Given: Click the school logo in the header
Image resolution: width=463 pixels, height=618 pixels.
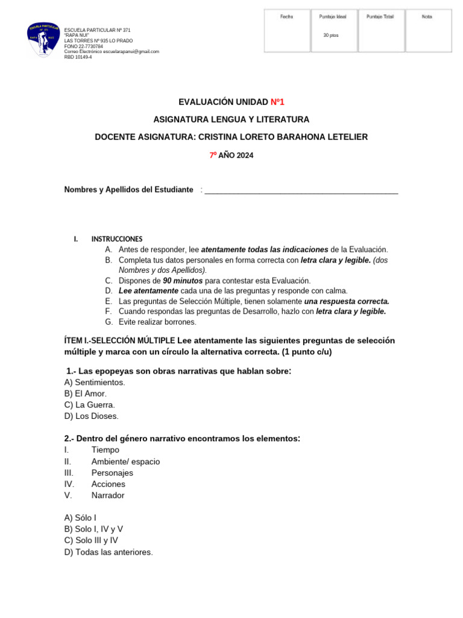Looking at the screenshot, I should (x=43, y=40).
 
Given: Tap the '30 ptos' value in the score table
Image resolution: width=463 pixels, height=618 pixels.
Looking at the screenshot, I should (x=331, y=35).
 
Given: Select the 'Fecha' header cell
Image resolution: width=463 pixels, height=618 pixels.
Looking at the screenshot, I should (x=286, y=17).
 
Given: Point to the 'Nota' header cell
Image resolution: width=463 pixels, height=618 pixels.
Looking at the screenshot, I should (x=427, y=17).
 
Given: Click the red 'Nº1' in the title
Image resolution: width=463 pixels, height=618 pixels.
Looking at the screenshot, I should (x=277, y=102).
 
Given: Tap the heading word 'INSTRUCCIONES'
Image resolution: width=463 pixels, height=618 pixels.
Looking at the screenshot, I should (x=117, y=239).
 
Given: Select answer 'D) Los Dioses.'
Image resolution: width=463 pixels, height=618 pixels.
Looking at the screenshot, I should (x=92, y=416).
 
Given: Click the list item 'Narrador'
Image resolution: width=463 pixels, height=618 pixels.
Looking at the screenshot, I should (x=108, y=495).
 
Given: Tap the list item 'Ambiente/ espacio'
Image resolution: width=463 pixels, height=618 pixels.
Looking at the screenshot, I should (x=125, y=462).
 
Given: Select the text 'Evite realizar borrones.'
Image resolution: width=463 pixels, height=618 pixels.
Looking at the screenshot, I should (x=157, y=322).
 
